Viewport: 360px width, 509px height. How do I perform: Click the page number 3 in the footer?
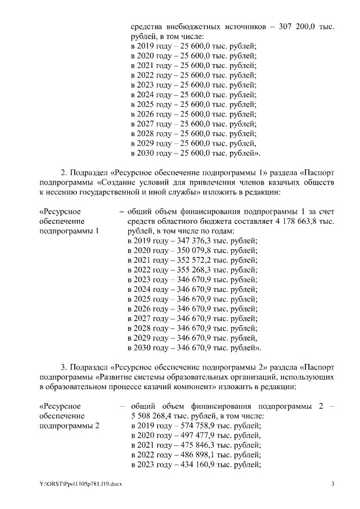coord(332,485)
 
